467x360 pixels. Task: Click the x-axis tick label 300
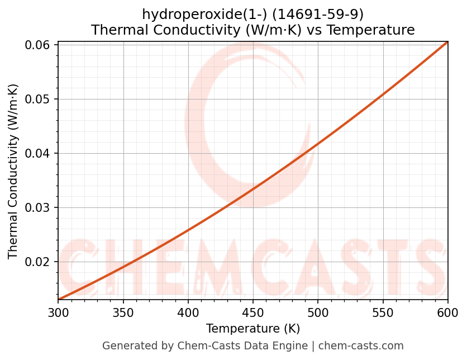tap(58, 312)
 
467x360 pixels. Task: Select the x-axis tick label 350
tap(123, 312)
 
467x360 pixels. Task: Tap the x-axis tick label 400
tap(188, 312)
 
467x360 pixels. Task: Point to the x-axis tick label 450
tap(253, 312)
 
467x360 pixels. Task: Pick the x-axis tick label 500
tap(318, 312)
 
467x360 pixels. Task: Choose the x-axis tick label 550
tap(383, 312)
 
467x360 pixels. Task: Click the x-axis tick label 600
tap(447, 312)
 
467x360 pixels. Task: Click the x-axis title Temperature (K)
tap(253, 328)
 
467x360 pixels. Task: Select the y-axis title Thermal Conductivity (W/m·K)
tap(13, 171)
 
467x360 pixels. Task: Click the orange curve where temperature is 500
tap(318, 144)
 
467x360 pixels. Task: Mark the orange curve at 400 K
tap(188, 229)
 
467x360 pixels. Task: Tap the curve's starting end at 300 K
tap(59, 299)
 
